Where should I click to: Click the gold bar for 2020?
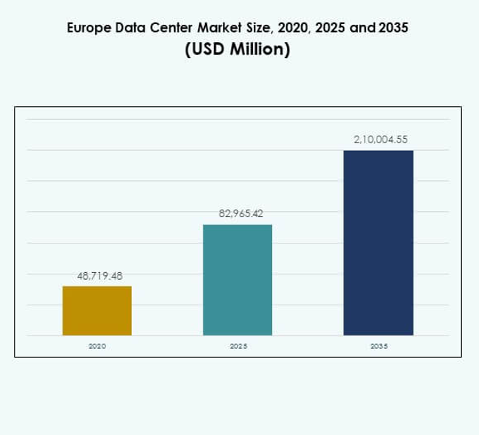pos(97,311)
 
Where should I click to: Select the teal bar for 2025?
pos(238,280)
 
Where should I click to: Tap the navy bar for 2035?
pos(378,243)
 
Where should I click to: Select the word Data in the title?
pos(131,29)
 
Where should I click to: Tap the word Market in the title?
pos(219,29)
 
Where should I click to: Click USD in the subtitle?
pos(207,52)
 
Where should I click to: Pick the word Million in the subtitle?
pos(261,52)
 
